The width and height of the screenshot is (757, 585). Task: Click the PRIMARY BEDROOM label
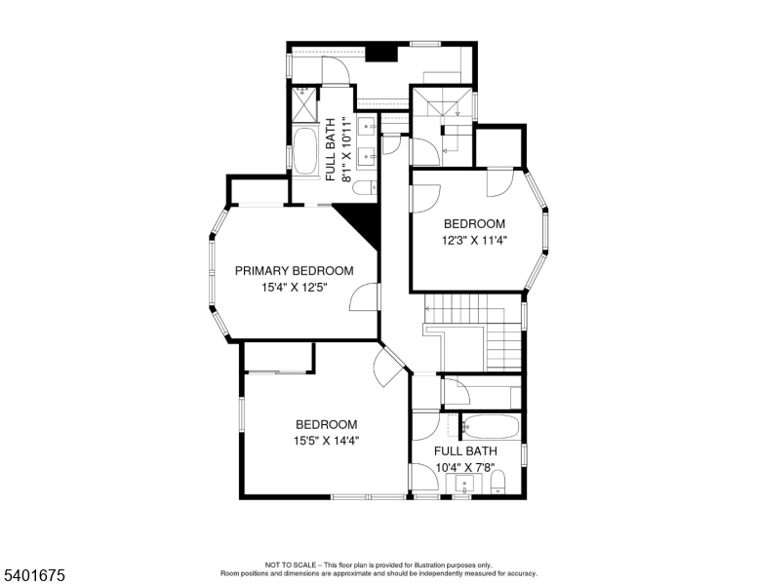pos(294,271)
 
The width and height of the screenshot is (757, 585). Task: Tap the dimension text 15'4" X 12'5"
pos(295,288)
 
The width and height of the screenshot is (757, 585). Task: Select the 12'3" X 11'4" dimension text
pos(474,241)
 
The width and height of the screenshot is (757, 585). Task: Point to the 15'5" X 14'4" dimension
pos(327,441)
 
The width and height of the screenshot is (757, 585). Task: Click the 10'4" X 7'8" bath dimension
pos(465,468)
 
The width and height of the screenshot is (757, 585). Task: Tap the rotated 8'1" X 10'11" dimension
pos(346,149)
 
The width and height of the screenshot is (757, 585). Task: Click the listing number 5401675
pos(34,575)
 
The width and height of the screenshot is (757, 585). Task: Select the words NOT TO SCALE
pos(290,565)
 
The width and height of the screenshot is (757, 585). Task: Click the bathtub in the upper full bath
pos(304,150)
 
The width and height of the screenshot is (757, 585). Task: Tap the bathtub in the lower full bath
pos(491,427)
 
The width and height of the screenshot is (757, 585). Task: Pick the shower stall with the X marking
pos(304,103)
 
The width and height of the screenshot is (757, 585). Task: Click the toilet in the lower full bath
pos(498,484)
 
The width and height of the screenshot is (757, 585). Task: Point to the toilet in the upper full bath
pos(365,187)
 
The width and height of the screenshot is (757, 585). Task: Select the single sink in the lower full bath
pos(464,484)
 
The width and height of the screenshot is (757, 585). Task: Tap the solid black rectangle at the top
pos(380,53)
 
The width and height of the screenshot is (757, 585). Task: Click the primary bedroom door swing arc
pos(357,292)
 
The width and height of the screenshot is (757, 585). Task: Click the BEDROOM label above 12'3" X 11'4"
pos(474,224)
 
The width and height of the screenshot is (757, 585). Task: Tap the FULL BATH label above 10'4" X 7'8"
pos(465,451)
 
